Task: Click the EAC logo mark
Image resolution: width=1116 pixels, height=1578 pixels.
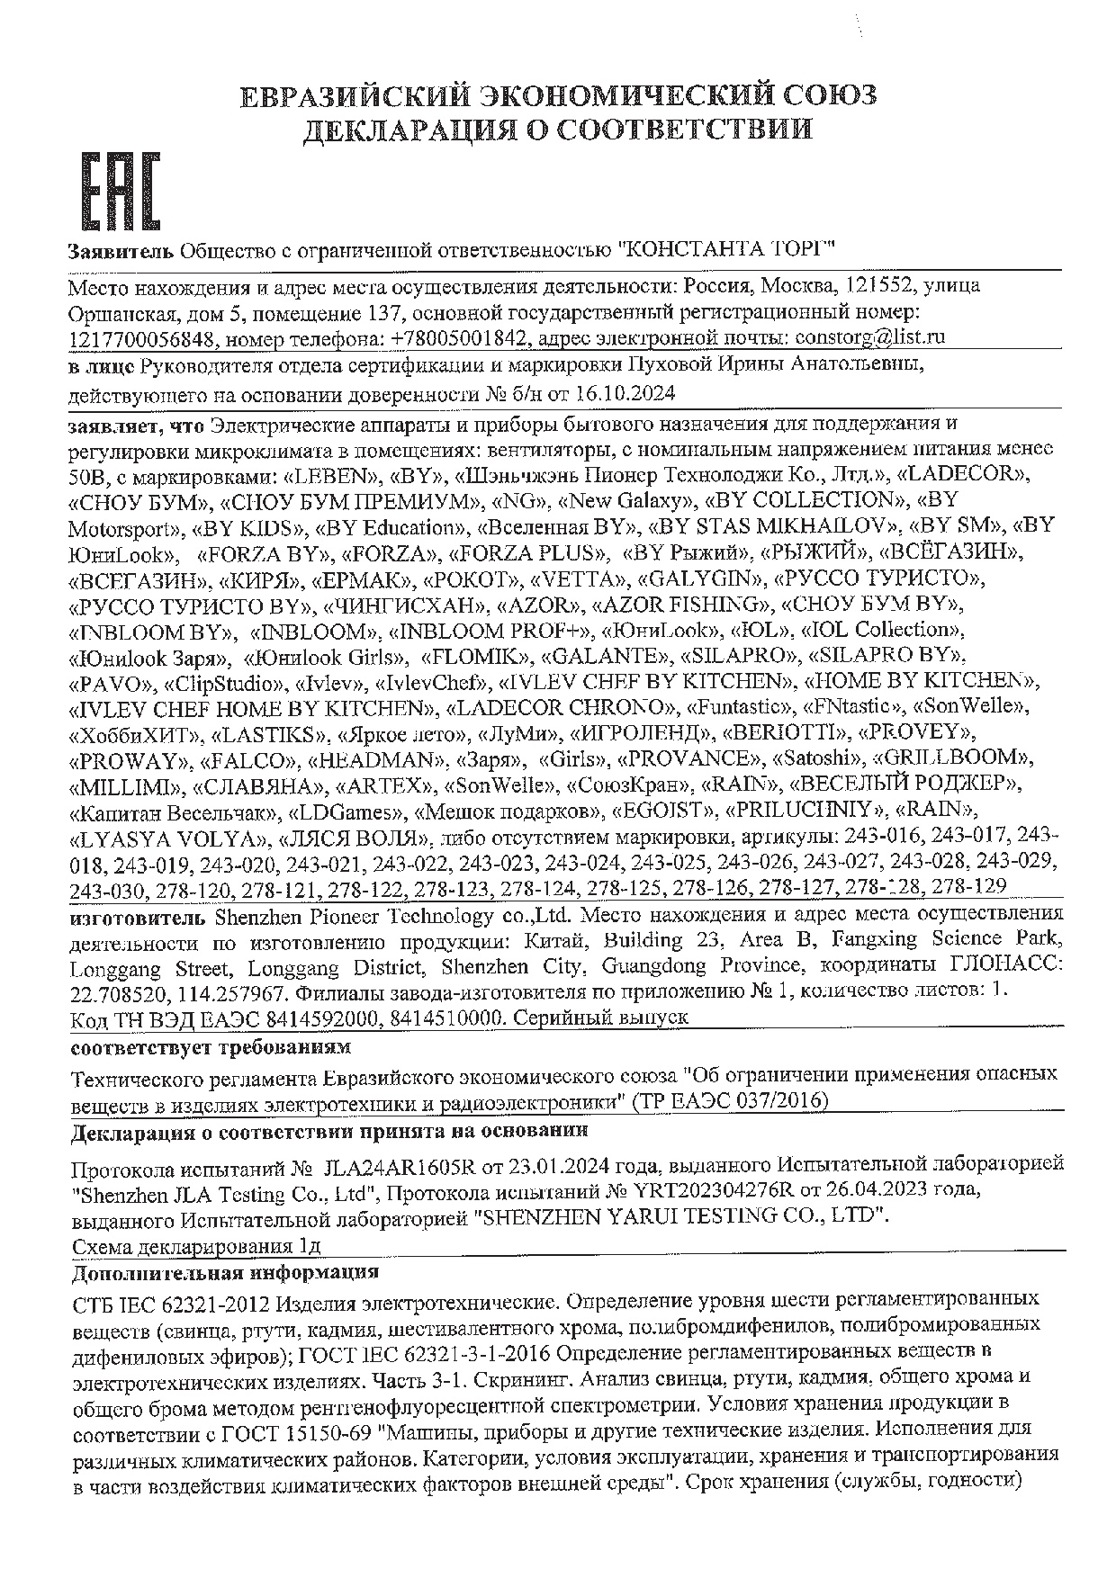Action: coord(121,191)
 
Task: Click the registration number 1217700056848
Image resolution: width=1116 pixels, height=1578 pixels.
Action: coord(142,339)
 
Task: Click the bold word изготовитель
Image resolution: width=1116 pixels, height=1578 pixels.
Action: coord(139,917)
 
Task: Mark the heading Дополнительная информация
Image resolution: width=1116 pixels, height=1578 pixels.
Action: coord(225,1273)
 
